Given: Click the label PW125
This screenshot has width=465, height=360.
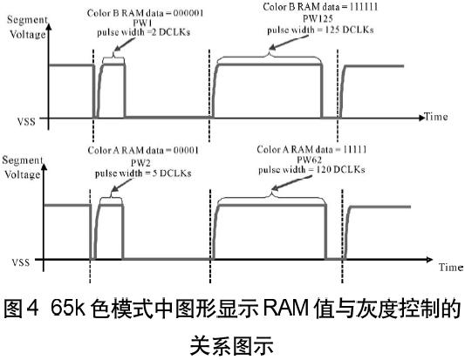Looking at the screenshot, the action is pyautogui.click(x=318, y=18).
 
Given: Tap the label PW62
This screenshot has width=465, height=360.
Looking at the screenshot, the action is pyautogui.click(x=310, y=160).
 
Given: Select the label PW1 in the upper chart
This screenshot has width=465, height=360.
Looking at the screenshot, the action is pyautogui.click(x=143, y=24).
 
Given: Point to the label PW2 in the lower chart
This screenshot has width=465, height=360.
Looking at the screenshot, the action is pyautogui.click(x=140, y=163).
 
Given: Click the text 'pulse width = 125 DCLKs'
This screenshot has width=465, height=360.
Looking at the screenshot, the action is pyautogui.click(x=320, y=30).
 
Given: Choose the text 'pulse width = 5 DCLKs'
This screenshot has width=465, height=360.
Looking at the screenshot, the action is pyautogui.click(x=143, y=173).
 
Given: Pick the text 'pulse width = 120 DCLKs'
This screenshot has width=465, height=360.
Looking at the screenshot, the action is pyautogui.click(x=311, y=169).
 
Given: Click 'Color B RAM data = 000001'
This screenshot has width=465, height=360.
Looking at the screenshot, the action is pyautogui.click(x=146, y=13).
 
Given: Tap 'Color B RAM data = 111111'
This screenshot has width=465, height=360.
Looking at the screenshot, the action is pyautogui.click(x=320, y=6).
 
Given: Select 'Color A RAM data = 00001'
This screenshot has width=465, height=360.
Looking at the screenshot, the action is pyautogui.click(x=143, y=150).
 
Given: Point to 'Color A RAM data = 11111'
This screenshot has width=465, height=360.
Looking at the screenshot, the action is pyautogui.click(x=311, y=149).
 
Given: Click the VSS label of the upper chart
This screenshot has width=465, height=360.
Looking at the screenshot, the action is pyautogui.click(x=26, y=121).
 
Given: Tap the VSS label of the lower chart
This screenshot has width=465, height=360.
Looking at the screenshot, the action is pyautogui.click(x=21, y=262).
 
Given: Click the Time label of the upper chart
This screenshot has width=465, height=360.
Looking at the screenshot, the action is pyautogui.click(x=435, y=117).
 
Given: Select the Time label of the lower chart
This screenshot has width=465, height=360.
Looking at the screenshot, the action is pyautogui.click(x=451, y=268).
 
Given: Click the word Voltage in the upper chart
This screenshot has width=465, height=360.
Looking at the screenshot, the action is pyautogui.click(x=28, y=34).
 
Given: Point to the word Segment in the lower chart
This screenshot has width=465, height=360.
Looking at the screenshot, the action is pyautogui.click(x=23, y=160).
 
